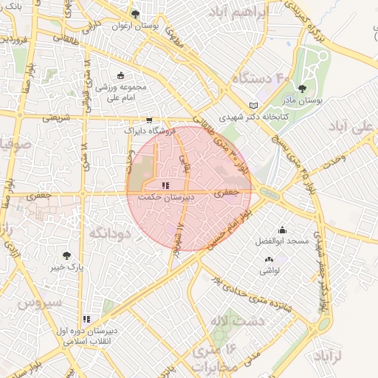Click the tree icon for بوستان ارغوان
[134, 13]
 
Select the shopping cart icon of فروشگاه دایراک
[149, 120]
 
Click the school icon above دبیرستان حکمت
[166, 186]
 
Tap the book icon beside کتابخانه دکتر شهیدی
[255, 106]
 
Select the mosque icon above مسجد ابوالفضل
[281, 230]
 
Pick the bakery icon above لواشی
[268, 259]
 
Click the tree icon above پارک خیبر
[67, 255]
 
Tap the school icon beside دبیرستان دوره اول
[86, 320]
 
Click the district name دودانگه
[110, 233]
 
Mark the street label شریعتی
[58, 117]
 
